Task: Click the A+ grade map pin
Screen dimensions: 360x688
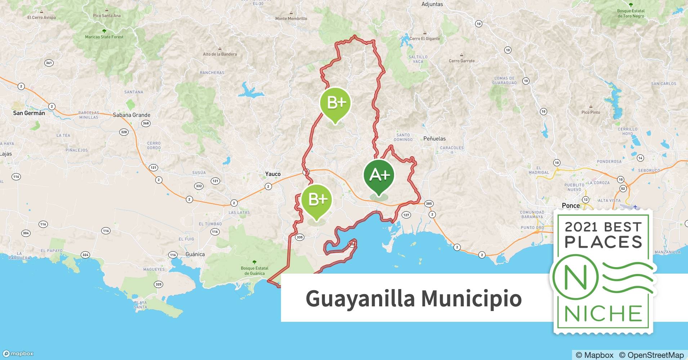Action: (379, 175)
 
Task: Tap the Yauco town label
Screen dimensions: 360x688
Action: (273, 174)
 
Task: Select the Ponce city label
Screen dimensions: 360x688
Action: (571, 206)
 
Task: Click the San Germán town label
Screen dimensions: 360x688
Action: (29, 113)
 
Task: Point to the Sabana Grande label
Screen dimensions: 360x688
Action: (131, 115)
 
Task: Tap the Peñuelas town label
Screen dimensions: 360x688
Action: (434, 139)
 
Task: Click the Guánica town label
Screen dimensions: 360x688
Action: (195, 254)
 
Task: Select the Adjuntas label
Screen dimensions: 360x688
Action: (432, 4)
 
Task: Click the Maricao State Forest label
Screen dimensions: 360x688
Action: (104, 37)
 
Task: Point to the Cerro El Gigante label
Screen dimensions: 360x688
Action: (425, 39)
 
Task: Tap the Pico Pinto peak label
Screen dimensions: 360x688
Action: (591, 112)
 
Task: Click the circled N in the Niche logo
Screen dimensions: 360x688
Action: (575, 277)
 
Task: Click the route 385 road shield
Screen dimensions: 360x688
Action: (429, 204)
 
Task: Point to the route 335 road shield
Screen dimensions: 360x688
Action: (299, 237)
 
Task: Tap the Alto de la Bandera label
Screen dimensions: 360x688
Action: (220, 54)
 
